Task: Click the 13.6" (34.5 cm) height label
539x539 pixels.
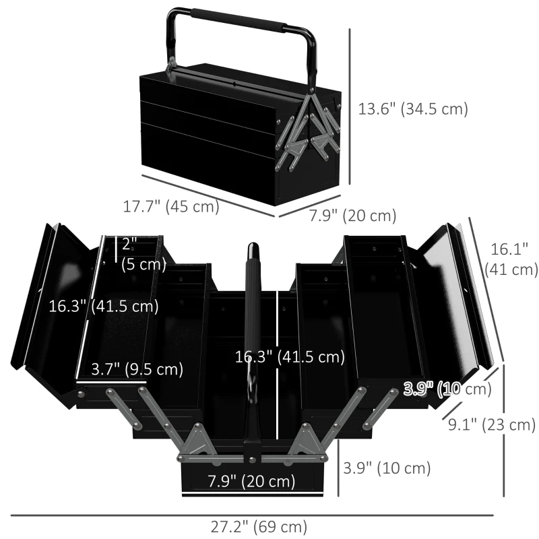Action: (x=413, y=108)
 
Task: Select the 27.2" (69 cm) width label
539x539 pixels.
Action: (x=259, y=526)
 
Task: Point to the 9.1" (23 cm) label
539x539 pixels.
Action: (x=492, y=424)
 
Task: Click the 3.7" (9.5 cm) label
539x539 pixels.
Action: (x=137, y=369)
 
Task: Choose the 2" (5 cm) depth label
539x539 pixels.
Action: (x=142, y=254)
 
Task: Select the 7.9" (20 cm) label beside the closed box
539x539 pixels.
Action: (x=352, y=216)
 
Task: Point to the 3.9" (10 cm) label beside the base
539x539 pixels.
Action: (x=387, y=468)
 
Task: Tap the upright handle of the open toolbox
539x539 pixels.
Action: (x=253, y=337)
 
